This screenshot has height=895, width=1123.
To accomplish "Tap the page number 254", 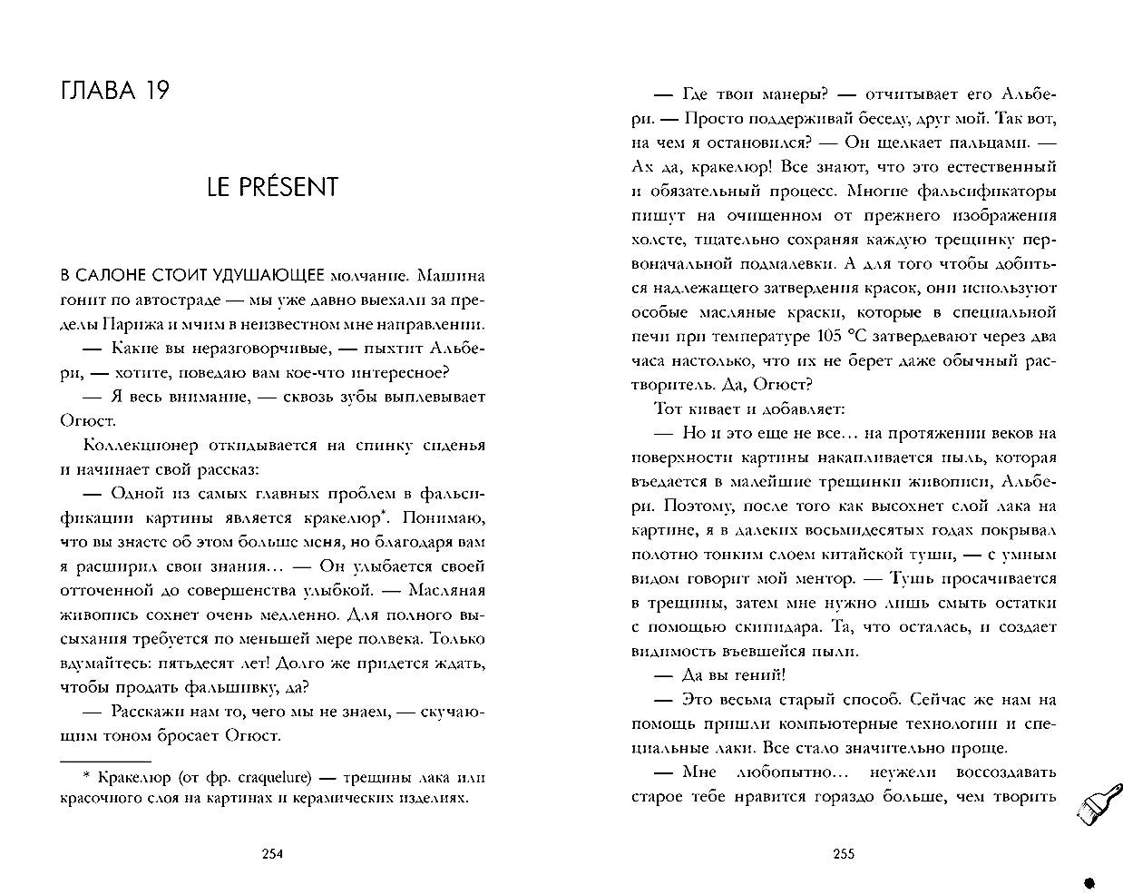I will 272,853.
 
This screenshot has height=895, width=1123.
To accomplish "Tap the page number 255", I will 844,853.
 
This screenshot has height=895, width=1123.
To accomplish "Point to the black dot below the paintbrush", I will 1089,880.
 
